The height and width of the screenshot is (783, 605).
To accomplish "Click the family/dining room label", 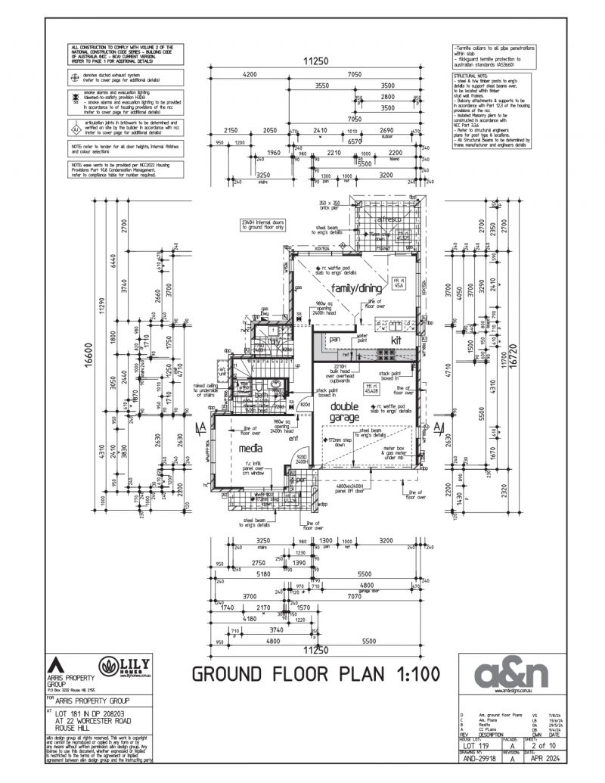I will (355, 288).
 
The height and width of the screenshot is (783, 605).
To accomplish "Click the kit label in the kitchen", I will (395, 341).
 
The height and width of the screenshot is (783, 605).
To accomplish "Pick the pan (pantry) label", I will (334, 340).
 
